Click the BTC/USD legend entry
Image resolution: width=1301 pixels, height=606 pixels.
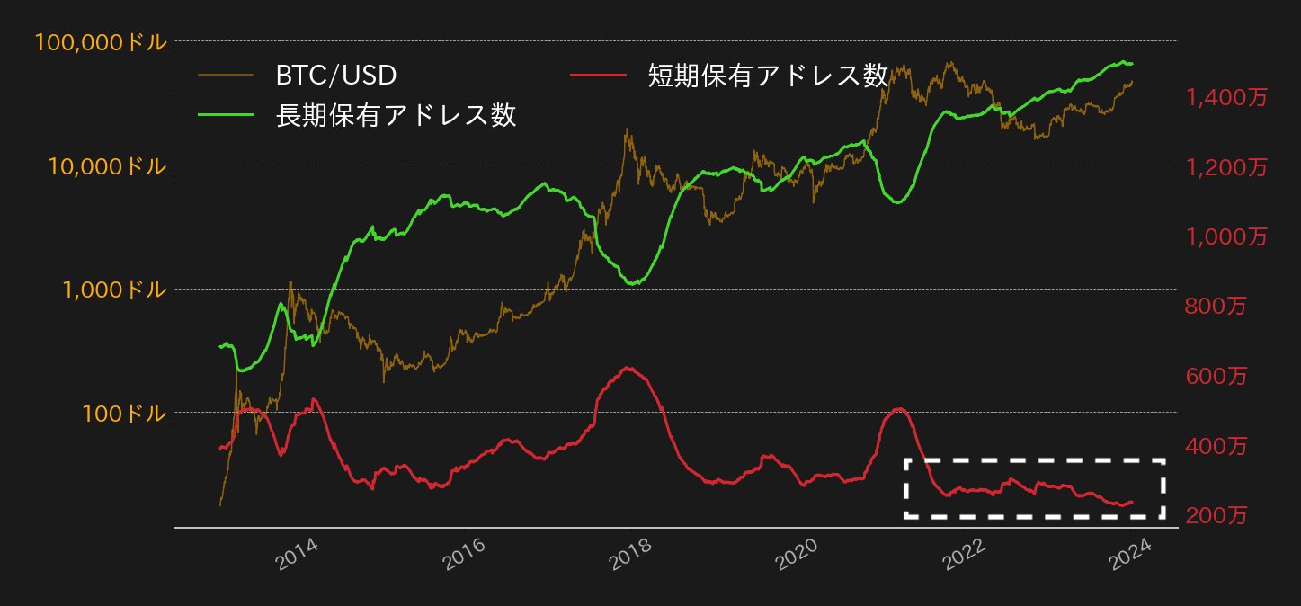click(x=335, y=76)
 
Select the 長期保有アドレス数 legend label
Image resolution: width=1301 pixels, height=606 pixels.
click(x=396, y=115)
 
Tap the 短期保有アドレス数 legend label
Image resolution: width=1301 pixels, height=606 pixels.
click(x=768, y=76)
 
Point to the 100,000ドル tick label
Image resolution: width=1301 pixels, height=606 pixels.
click(x=101, y=42)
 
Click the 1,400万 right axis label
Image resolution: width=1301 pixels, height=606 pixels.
click(x=1226, y=98)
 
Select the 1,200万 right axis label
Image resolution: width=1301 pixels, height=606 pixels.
click(x=1226, y=167)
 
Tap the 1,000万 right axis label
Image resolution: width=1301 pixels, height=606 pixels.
click(x=1226, y=237)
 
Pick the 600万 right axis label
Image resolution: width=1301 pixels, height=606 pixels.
click(x=1216, y=377)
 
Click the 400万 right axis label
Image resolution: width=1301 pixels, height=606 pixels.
click(x=1216, y=446)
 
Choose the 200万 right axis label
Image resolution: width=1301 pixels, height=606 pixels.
click(x=1216, y=516)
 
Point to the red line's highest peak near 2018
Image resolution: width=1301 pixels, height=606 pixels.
click(x=628, y=367)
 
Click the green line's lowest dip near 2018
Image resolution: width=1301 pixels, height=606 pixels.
click(x=633, y=284)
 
